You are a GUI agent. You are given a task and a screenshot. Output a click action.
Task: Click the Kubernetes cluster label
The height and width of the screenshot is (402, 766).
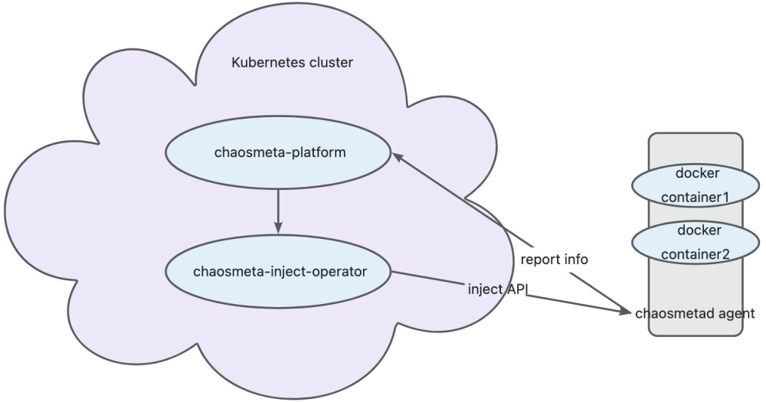(x=292, y=63)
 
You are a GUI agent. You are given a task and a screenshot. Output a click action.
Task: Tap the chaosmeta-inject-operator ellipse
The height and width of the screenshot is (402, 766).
(x=279, y=271)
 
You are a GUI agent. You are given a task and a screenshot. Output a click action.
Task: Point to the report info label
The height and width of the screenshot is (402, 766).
(x=554, y=260)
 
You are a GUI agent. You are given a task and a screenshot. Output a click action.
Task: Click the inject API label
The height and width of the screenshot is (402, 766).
(x=499, y=290)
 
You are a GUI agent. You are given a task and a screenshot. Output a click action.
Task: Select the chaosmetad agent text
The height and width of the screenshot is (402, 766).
(x=696, y=313)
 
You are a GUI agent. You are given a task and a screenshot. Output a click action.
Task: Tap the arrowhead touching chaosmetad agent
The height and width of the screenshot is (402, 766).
(x=625, y=310)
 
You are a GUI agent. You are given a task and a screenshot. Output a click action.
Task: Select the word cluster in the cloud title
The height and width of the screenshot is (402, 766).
(x=332, y=63)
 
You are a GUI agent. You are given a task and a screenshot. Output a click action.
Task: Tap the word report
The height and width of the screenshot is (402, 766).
(x=538, y=260)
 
